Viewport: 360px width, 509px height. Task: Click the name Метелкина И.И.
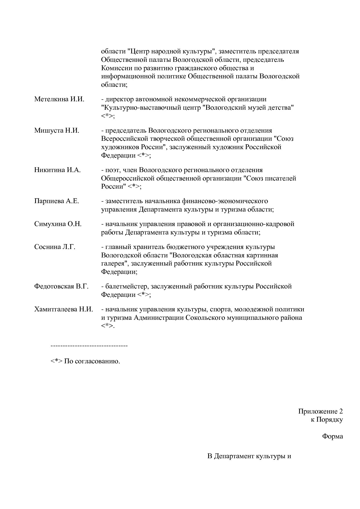[59, 99]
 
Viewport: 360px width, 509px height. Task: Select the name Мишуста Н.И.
[57, 130]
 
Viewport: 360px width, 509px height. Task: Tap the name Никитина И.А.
[57, 170]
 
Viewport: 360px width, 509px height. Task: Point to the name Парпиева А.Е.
[57, 201]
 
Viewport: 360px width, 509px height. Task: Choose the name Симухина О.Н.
[58, 224]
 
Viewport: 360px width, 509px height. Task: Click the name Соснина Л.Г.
[55, 247]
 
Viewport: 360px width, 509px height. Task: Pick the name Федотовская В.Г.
[61, 286]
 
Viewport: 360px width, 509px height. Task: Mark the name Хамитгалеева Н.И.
[64, 309]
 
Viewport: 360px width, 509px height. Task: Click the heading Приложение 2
[320, 411]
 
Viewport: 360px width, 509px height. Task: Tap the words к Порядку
[327, 420]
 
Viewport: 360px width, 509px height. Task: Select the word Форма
[332, 436]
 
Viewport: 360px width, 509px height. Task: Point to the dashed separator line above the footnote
[89, 346]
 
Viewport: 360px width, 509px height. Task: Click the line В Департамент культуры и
[249, 456]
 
